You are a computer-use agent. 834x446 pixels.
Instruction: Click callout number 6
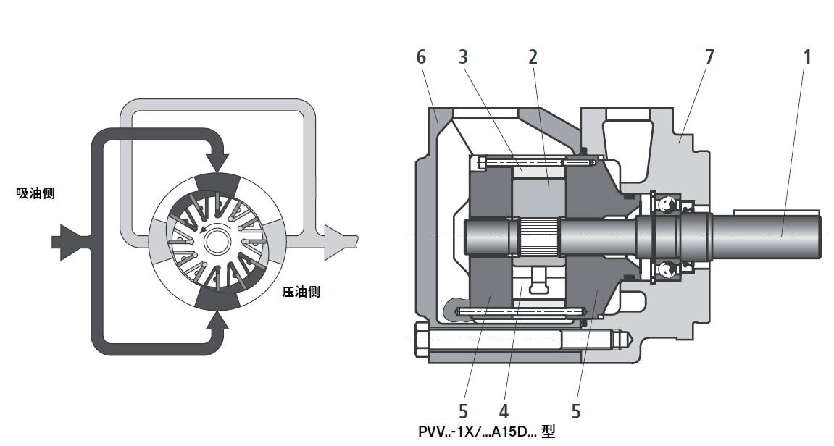(x=422, y=56)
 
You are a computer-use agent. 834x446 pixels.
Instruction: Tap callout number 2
(x=533, y=56)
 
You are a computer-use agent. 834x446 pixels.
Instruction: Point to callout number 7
(x=709, y=56)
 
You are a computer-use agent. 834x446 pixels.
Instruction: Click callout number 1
(x=806, y=56)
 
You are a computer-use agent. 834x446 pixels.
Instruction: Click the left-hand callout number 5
(x=464, y=411)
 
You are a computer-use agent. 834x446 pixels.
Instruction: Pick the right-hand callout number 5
(x=576, y=411)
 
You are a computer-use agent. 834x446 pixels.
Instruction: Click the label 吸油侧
(x=36, y=193)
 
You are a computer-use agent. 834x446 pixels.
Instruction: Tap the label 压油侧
(x=301, y=292)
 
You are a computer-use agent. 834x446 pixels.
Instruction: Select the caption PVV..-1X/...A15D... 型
(x=486, y=432)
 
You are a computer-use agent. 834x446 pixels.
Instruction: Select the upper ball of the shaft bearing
(x=665, y=206)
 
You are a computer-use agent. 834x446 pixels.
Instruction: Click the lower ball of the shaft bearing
(x=665, y=269)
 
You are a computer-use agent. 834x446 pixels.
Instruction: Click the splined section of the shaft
(x=539, y=237)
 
